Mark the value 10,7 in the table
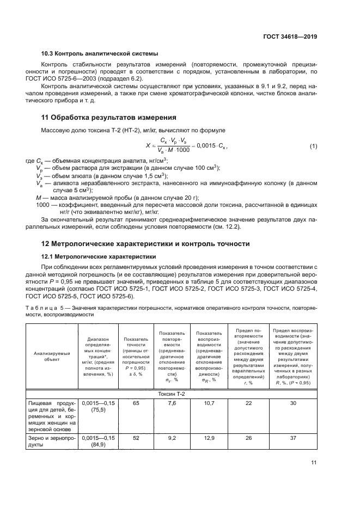(x=210, y=402)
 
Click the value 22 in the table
(x=249, y=402)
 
